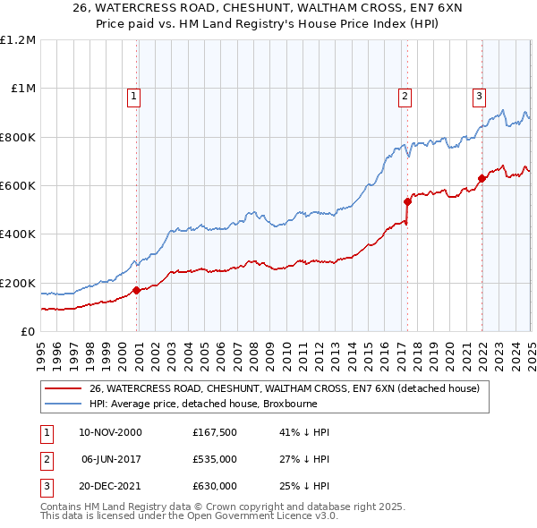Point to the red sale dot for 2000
(137, 290)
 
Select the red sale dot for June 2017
(407, 201)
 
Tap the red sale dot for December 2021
(482, 178)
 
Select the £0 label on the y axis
(29, 332)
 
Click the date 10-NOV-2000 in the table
(110, 432)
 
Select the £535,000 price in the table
(215, 459)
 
